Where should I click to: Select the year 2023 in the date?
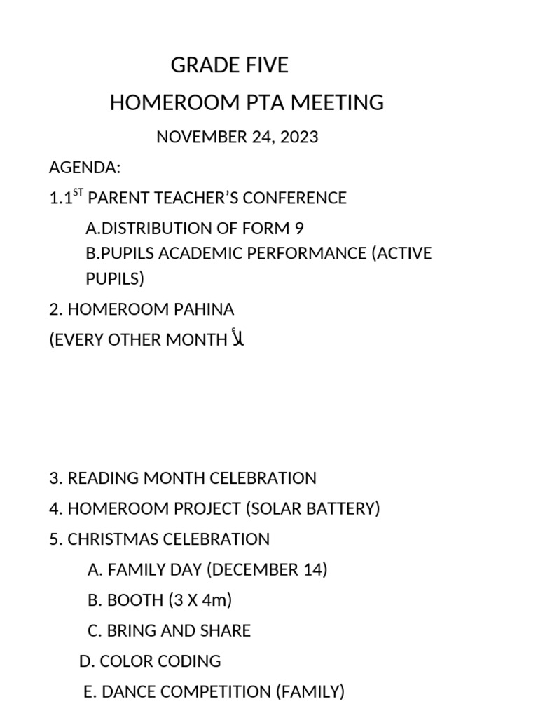(x=298, y=137)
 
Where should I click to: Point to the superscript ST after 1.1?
(x=77, y=194)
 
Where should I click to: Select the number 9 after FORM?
(x=299, y=229)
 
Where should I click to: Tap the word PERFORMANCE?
(x=301, y=253)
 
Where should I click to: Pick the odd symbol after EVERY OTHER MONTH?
(x=237, y=339)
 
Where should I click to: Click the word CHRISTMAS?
(x=113, y=539)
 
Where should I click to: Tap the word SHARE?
(x=226, y=631)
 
